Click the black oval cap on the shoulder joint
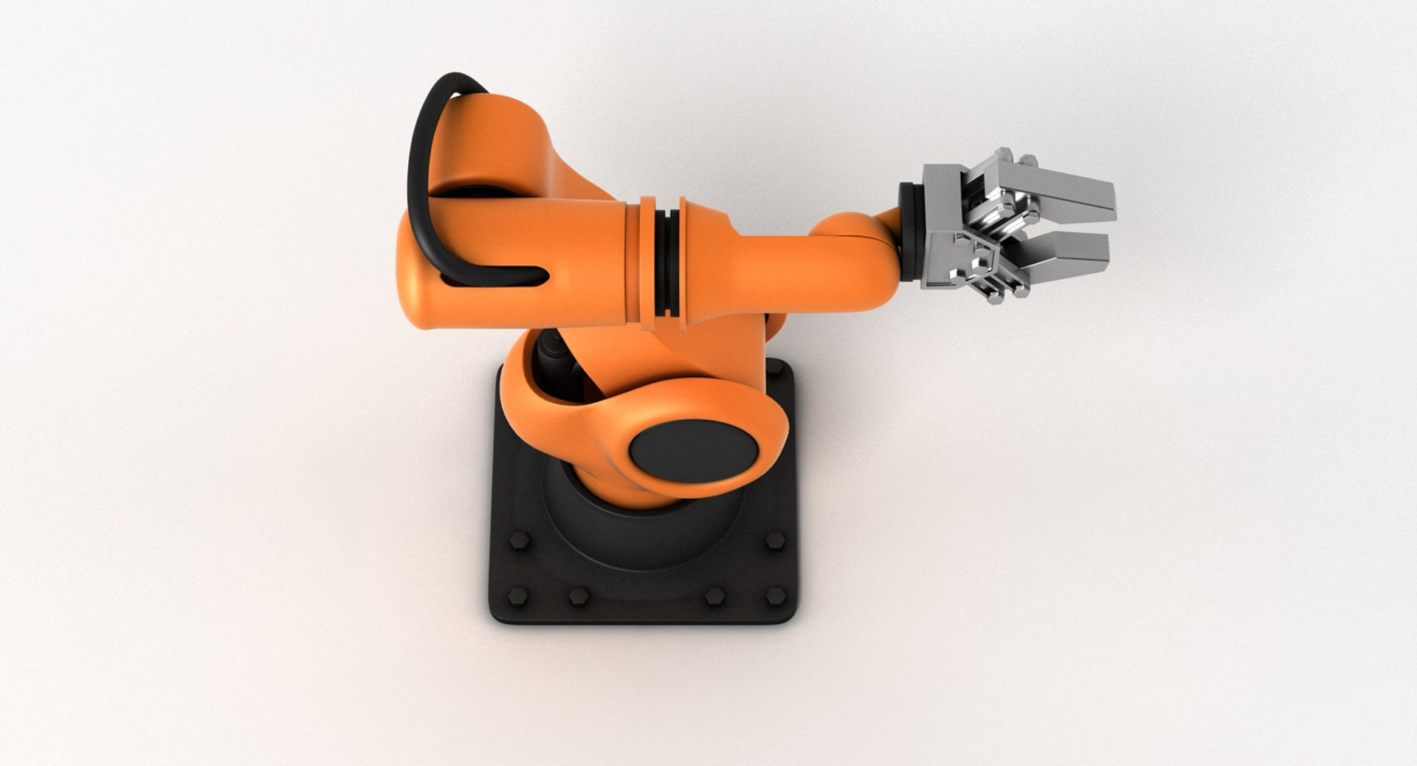(694, 451)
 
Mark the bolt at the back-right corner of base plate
(774, 366)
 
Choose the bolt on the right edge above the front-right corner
(774, 540)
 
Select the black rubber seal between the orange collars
(667, 262)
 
